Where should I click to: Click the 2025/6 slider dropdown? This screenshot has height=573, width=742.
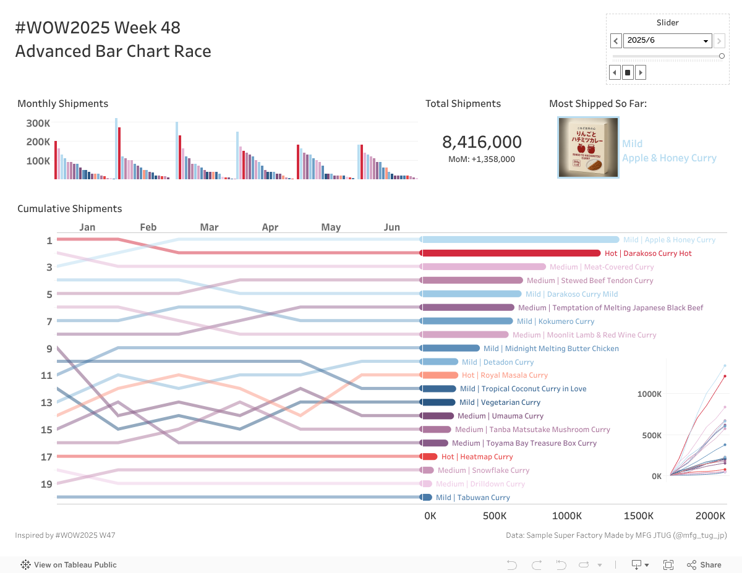click(x=667, y=41)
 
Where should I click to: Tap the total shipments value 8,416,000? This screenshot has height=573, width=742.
click(x=482, y=142)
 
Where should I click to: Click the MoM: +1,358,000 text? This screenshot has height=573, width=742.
click(x=482, y=159)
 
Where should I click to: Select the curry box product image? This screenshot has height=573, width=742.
click(x=588, y=148)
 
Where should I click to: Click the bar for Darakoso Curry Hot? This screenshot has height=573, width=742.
click(x=511, y=253)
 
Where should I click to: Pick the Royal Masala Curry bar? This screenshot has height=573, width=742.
click(x=440, y=375)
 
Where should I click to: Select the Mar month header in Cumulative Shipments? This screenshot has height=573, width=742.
click(x=209, y=227)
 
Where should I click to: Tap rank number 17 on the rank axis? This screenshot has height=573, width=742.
click(x=47, y=457)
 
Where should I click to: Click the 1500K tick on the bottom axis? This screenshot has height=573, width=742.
click(x=639, y=516)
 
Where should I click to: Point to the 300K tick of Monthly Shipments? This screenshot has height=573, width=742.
click(x=38, y=123)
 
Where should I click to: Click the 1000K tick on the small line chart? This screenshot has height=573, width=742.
click(x=649, y=394)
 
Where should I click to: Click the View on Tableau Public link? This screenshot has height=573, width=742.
click(x=69, y=564)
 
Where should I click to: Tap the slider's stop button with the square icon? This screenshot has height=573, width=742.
click(x=628, y=72)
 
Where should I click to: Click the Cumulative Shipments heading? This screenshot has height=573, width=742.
click(x=69, y=208)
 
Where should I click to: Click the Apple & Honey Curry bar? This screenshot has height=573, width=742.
click(x=519, y=240)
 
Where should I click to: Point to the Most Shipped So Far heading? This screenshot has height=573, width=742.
click(x=597, y=103)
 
